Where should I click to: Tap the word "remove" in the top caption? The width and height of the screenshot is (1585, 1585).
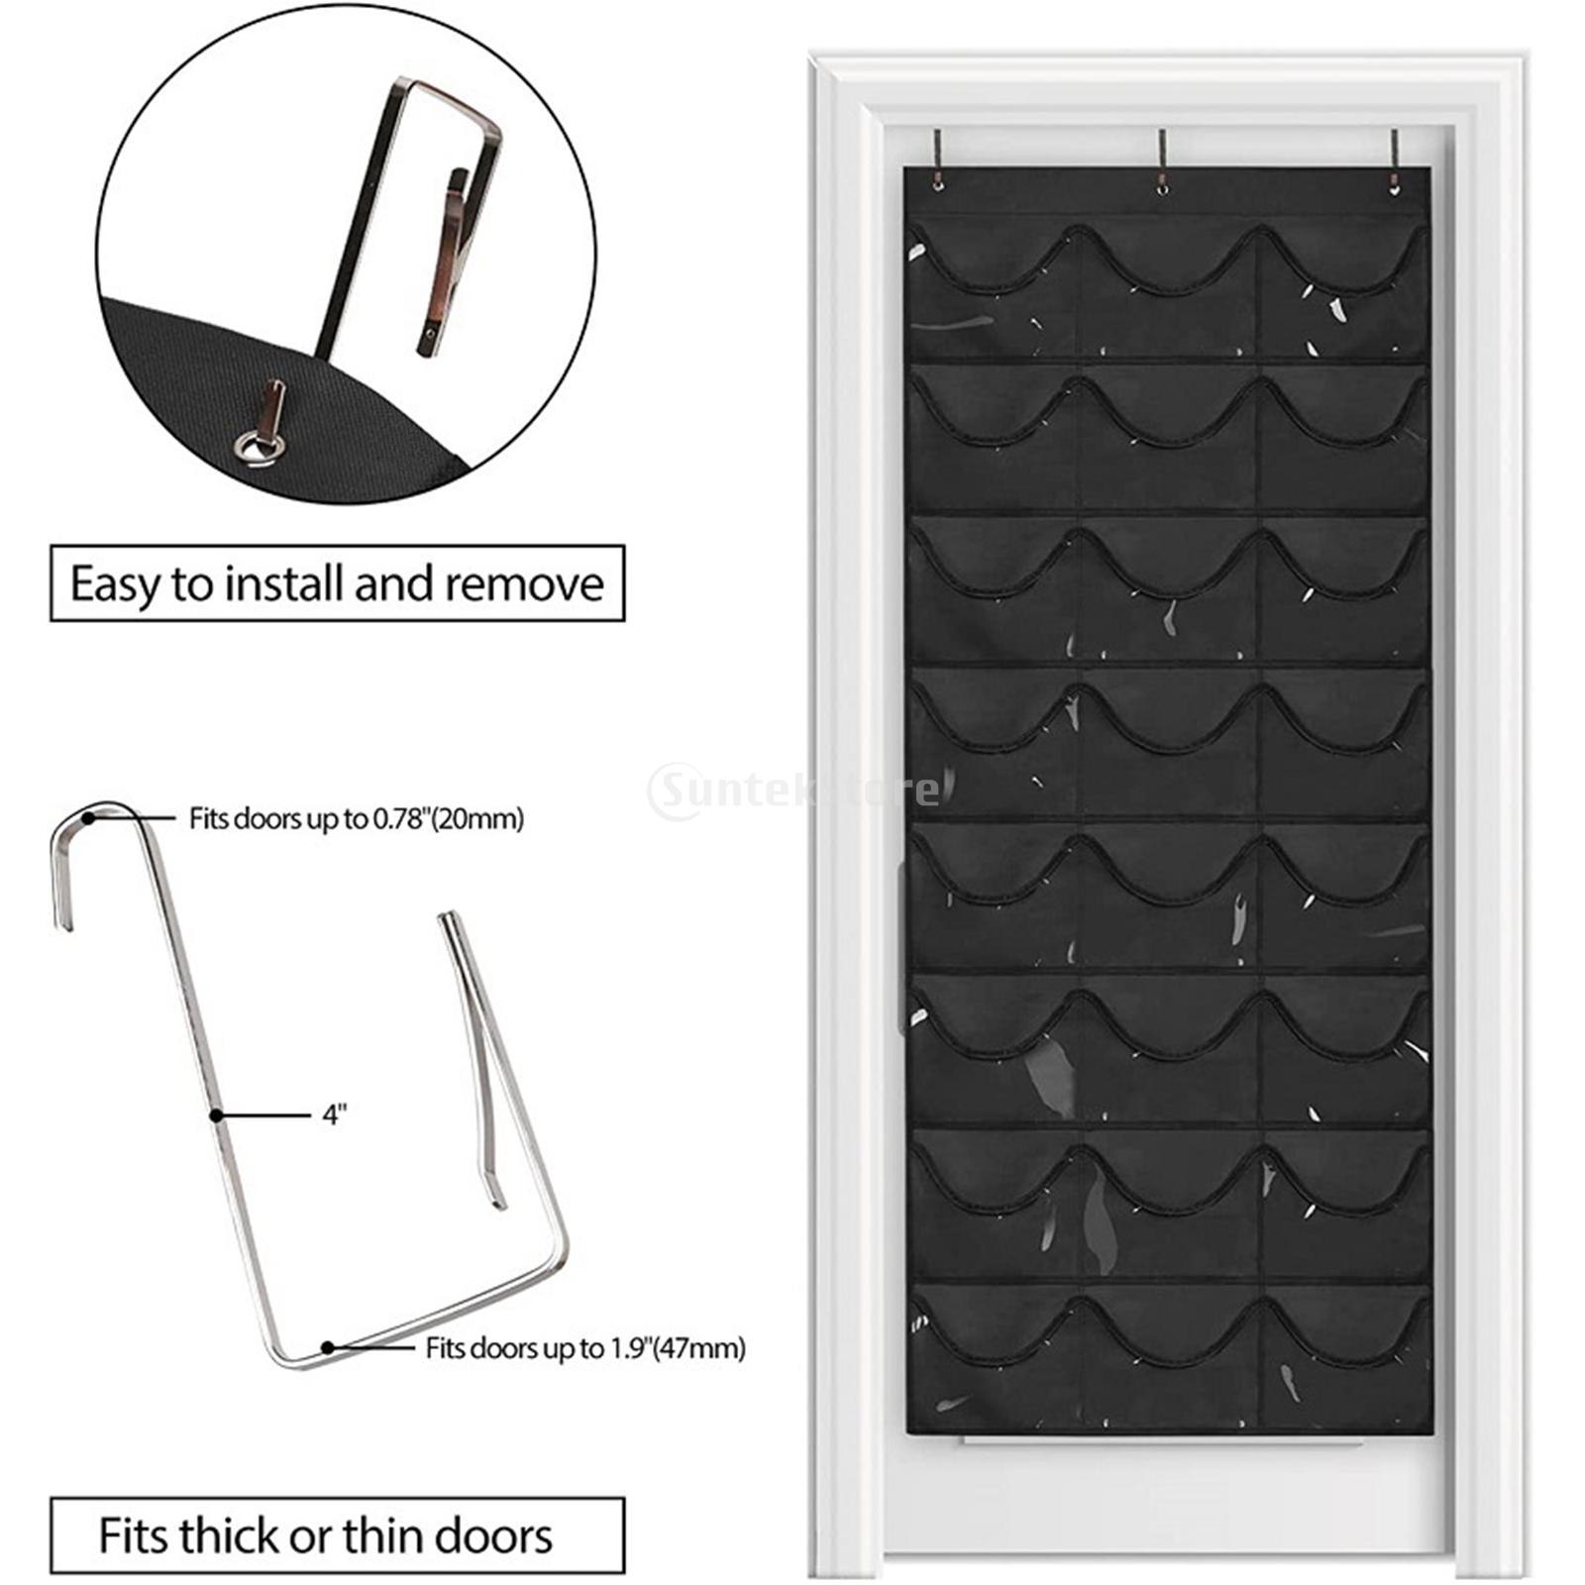tap(524, 583)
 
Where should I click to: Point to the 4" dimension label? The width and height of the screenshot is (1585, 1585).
tap(335, 1115)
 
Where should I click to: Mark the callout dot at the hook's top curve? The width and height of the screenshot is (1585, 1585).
tap(89, 818)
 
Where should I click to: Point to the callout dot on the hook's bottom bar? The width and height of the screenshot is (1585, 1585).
tap(327, 1347)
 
